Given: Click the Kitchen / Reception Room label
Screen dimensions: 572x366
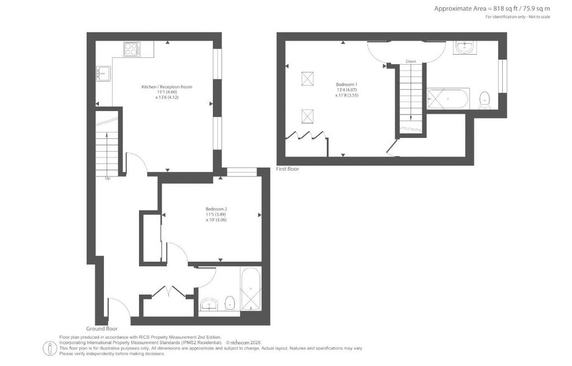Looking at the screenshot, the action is pos(166,87).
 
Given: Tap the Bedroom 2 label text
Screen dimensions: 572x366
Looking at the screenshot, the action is pos(216,209).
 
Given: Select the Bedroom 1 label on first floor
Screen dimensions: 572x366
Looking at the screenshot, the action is pos(346,84).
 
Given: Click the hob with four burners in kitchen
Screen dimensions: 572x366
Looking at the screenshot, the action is pos(132,50).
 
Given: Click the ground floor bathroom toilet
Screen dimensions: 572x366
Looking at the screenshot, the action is pos(230,302).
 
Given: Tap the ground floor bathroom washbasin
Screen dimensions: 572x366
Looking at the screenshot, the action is pos(209,305).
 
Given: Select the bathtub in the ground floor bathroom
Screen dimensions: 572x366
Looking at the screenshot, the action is pos(251,288).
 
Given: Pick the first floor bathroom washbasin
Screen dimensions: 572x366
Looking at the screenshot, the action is pos(464,47).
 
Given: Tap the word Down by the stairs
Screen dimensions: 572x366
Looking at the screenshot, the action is pos(411,61).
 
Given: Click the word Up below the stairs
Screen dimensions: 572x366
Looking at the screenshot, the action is pos(108,179).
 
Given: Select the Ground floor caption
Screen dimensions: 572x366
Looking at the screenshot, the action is pos(102,329).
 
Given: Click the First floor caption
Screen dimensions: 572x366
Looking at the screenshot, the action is pos(288,169).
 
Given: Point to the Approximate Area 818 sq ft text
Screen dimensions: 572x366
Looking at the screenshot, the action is pos(492,9).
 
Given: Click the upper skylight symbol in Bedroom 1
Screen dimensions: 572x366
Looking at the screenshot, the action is pos(308,79).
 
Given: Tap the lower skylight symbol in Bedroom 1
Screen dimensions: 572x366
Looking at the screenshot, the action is pos(308,116).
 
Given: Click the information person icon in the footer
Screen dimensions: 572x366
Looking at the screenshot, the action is pos(49,348).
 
